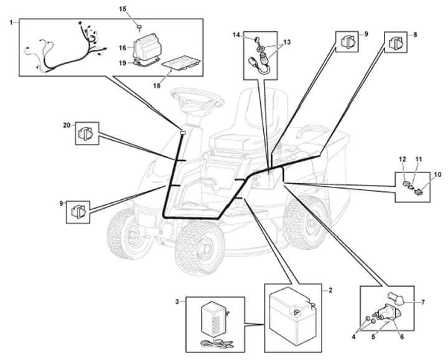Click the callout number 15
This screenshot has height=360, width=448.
coord(123,9)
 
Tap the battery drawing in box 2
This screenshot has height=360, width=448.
coord(293,316)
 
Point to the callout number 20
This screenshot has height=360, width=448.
coord(67,125)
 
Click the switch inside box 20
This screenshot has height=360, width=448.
coord(85,133)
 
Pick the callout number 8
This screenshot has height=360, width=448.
coord(415,35)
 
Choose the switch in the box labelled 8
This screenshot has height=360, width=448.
coord(396,42)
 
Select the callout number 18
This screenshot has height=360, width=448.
coord(157,85)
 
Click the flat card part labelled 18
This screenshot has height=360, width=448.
coord(182,63)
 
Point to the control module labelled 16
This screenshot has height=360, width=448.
coord(146,47)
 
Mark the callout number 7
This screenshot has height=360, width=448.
coord(423,302)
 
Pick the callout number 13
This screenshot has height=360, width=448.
coord(287,42)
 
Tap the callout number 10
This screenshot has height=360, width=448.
coord(437,174)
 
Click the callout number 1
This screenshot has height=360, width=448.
coord(11,22)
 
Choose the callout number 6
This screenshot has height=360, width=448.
coord(402,337)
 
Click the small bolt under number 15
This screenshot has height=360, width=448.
coord(139,27)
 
